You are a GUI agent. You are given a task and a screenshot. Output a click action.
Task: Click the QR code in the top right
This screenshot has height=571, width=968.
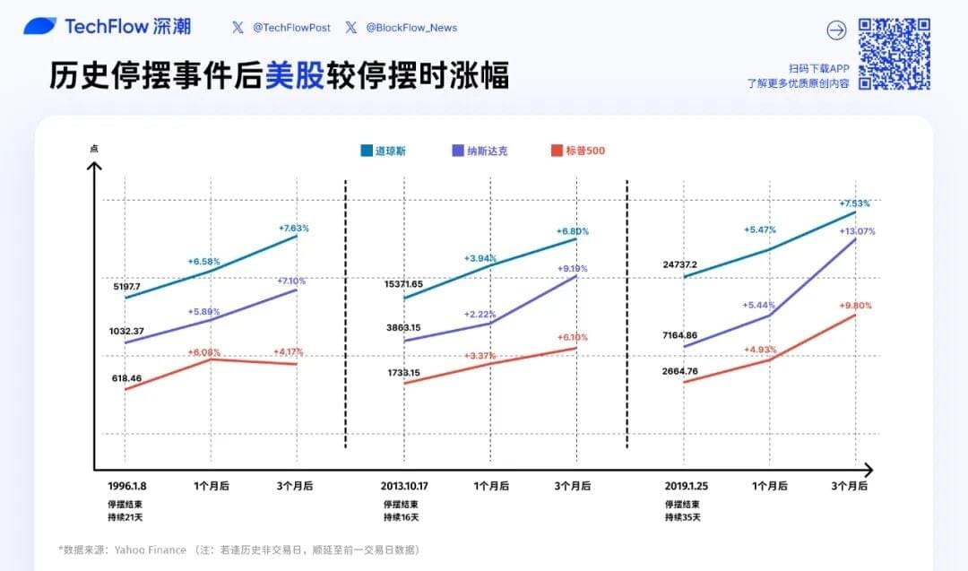pos(894,54)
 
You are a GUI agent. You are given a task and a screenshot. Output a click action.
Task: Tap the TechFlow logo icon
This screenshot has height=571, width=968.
pos(39,27)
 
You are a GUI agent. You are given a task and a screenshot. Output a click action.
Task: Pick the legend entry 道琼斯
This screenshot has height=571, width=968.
pos(384,151)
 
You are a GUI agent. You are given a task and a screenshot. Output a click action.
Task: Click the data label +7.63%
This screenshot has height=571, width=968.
pos(293,228)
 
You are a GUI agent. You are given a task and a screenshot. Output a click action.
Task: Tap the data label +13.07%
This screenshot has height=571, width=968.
pos(857,231)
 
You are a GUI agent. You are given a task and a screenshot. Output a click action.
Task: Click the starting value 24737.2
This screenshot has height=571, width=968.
pos(680,265)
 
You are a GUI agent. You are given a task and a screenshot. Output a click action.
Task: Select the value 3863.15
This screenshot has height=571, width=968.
pos(402,328)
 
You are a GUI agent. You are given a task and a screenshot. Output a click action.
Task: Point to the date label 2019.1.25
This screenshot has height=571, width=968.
pos(687,485)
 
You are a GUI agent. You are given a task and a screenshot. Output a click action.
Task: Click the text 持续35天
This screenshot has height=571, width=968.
pos(682,517)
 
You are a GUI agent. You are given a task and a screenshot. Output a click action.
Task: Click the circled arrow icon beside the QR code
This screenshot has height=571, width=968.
pos(836,30)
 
